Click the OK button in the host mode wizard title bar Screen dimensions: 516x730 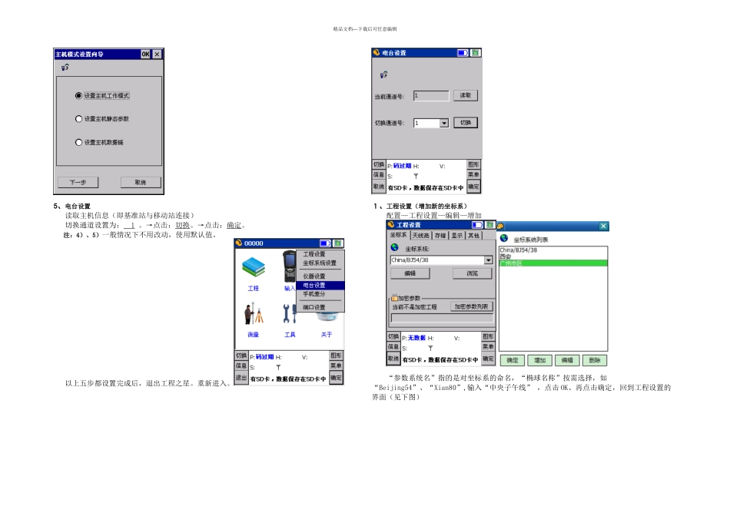pos(145,55)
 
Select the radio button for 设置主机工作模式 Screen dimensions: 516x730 pos(78,96)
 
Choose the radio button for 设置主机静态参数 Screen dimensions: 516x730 pos(78,119)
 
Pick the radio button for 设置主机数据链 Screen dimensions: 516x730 pos(78,142)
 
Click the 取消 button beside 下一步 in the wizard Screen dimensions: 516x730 pos(141,183)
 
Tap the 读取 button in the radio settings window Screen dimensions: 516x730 pos(465,96)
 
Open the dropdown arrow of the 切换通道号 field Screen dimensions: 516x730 pos(443,123)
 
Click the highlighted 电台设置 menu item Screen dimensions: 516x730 pos(314,286)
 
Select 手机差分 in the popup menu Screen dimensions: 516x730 pos(314,294)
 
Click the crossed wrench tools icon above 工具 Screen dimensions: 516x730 pos(290,314)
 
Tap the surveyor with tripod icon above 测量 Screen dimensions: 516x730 pos(254,314)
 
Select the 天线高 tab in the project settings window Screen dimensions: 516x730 pos(420,236)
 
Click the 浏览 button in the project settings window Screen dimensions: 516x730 pos(472,273)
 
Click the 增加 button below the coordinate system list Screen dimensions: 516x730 pos(540,359)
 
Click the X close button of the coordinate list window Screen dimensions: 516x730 pos(603,226)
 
